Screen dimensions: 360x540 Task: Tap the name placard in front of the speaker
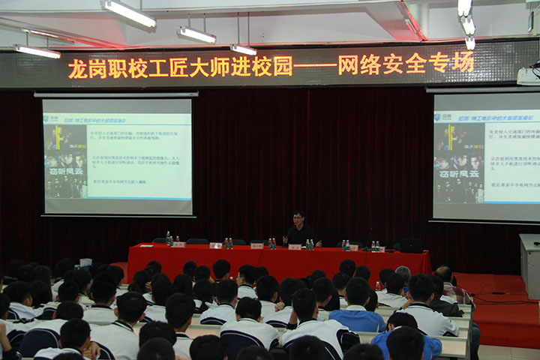tap(295, 246)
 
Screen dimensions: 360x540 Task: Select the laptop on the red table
tap(410, 245)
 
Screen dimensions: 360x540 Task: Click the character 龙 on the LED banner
tap(78, 68)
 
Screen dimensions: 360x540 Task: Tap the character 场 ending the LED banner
tap(463, 62)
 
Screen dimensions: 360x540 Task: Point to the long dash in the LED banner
tap(315, 66)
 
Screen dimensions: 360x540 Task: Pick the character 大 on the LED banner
tap(199, 67)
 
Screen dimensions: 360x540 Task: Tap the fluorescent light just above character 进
tap(244, 49)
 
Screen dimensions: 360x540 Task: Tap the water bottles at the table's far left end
tap(169, 238)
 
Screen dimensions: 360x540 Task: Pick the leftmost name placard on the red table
tap(178, 244)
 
